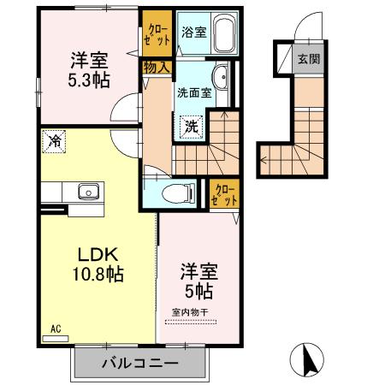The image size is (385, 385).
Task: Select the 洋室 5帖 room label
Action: pos(198,281)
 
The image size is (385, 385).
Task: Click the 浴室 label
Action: pos(193,33)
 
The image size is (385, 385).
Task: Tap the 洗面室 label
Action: pos(194,93)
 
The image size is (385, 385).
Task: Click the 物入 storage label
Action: pos(157,66)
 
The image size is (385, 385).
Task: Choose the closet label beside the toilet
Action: pos(226,192)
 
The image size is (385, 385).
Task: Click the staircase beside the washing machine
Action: pos(231,141)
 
